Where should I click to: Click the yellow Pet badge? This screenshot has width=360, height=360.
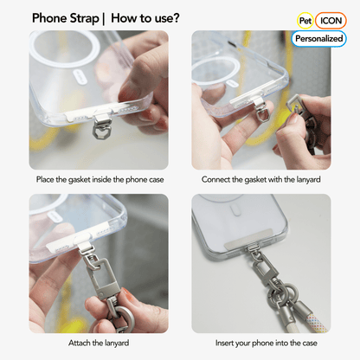tap(305, 19)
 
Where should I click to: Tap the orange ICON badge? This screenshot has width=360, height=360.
tap(331, 19)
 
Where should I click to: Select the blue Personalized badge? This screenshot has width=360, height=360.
tap(318, 38)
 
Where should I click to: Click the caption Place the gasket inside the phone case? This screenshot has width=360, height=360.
tap(100, 179)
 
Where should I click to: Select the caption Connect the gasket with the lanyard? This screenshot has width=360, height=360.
tap(261, 179)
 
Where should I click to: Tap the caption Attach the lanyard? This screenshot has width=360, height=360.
tap(100, 344)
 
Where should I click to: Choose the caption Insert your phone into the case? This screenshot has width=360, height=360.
tap(261, 344)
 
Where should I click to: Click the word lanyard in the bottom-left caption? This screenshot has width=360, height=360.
tap(117, 344)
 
